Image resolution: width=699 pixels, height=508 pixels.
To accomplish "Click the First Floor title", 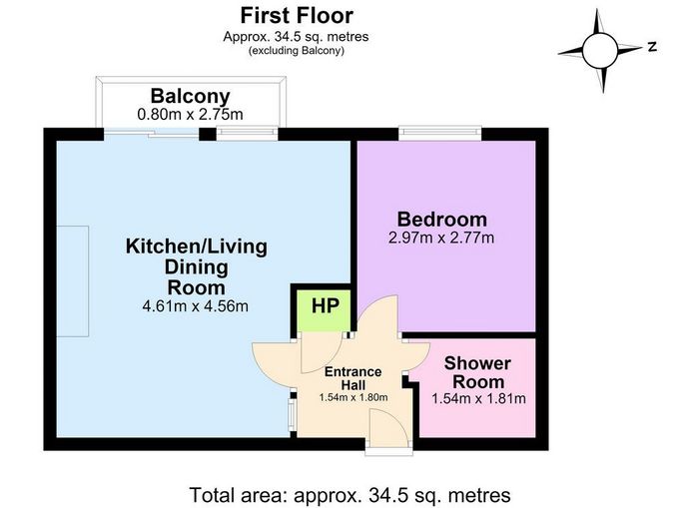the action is click(x=297, y=16).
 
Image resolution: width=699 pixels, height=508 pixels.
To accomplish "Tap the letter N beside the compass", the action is click(x=652, y=46).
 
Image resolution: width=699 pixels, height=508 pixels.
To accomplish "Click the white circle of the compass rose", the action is click(x=599, y=50).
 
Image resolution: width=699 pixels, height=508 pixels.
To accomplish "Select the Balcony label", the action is click(x=190, y=96).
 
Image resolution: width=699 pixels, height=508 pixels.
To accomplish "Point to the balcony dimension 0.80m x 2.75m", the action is click(x=190, y=115).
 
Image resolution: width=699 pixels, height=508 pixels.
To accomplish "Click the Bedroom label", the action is click(x=441, y=220).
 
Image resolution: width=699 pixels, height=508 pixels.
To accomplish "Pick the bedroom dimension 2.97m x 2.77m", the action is click(x=441, y=238).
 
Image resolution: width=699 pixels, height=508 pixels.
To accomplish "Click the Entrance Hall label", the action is click(x=352, y=378).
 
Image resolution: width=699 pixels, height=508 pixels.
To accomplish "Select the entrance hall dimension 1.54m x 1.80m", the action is click(x=353, y=397).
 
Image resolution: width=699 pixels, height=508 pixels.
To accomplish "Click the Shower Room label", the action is click(x=478, y=372).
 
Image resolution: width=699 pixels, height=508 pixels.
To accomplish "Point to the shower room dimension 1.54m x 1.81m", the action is click(x=478, y=398).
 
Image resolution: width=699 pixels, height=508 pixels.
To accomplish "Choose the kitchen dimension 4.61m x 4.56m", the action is click(x=196, y=306).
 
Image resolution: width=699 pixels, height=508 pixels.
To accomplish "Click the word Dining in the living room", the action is click(x=196, y=267).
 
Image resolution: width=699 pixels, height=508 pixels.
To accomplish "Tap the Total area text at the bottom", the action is click(x=349, y=495).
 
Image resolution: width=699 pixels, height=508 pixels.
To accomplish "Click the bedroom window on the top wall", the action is click(x=440, y=133).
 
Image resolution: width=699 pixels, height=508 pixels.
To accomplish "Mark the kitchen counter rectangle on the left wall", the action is click(x=73, y=281).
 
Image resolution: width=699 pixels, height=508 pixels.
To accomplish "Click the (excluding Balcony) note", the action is click(x=297, y=50).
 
